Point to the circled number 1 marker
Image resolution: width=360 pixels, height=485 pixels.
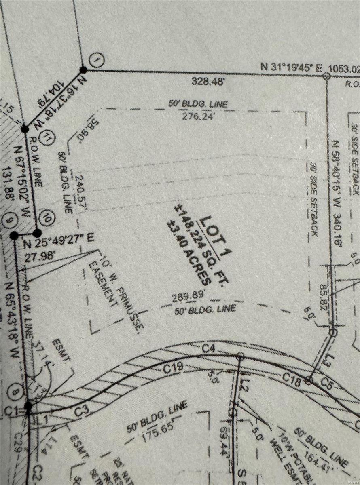tap(97, 61)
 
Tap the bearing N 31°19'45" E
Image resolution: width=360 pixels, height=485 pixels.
tap(289, 67)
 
